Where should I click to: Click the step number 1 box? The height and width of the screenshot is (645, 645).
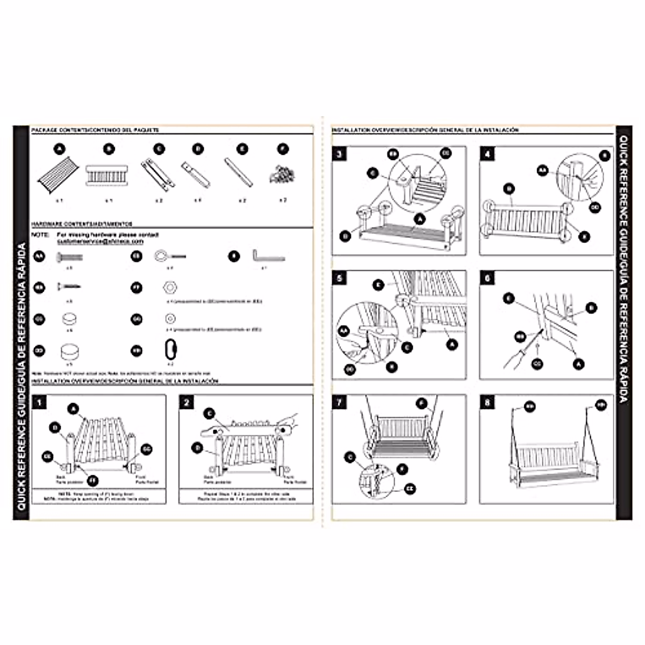[39, 402]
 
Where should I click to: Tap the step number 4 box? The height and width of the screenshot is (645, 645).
[488, 154]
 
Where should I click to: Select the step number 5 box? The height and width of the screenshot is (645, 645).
[339, 278]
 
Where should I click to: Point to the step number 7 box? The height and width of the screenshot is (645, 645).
[339, 402]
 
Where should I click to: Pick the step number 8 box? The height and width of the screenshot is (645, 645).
[488, 402]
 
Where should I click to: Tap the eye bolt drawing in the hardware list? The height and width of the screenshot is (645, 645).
[170, 256]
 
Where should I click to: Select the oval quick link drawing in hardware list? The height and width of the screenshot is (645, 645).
[170, 350]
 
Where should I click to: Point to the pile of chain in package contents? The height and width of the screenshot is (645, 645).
[283, 174]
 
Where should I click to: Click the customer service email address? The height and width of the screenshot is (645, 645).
[101, 242]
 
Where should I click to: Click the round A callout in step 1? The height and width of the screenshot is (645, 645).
[73, 408]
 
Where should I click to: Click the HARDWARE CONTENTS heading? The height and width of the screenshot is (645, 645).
[82, 224]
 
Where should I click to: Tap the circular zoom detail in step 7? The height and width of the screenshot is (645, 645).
[377, 480]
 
